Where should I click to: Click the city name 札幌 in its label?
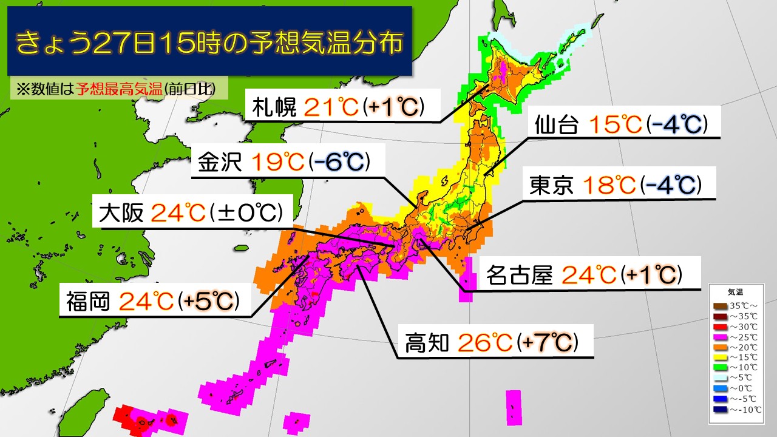[x=274, y=108]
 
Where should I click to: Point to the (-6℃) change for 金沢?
[x=339, y=163]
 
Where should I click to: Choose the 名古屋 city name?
[x=519, y=276]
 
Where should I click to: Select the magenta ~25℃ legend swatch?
[x=721, y=337]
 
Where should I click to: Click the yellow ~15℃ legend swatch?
[x=721, y=357]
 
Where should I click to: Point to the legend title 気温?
[x=735, y=291]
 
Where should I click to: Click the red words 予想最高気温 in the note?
[x=120, y=89]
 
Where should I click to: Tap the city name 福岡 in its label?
[x=87, y=301]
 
